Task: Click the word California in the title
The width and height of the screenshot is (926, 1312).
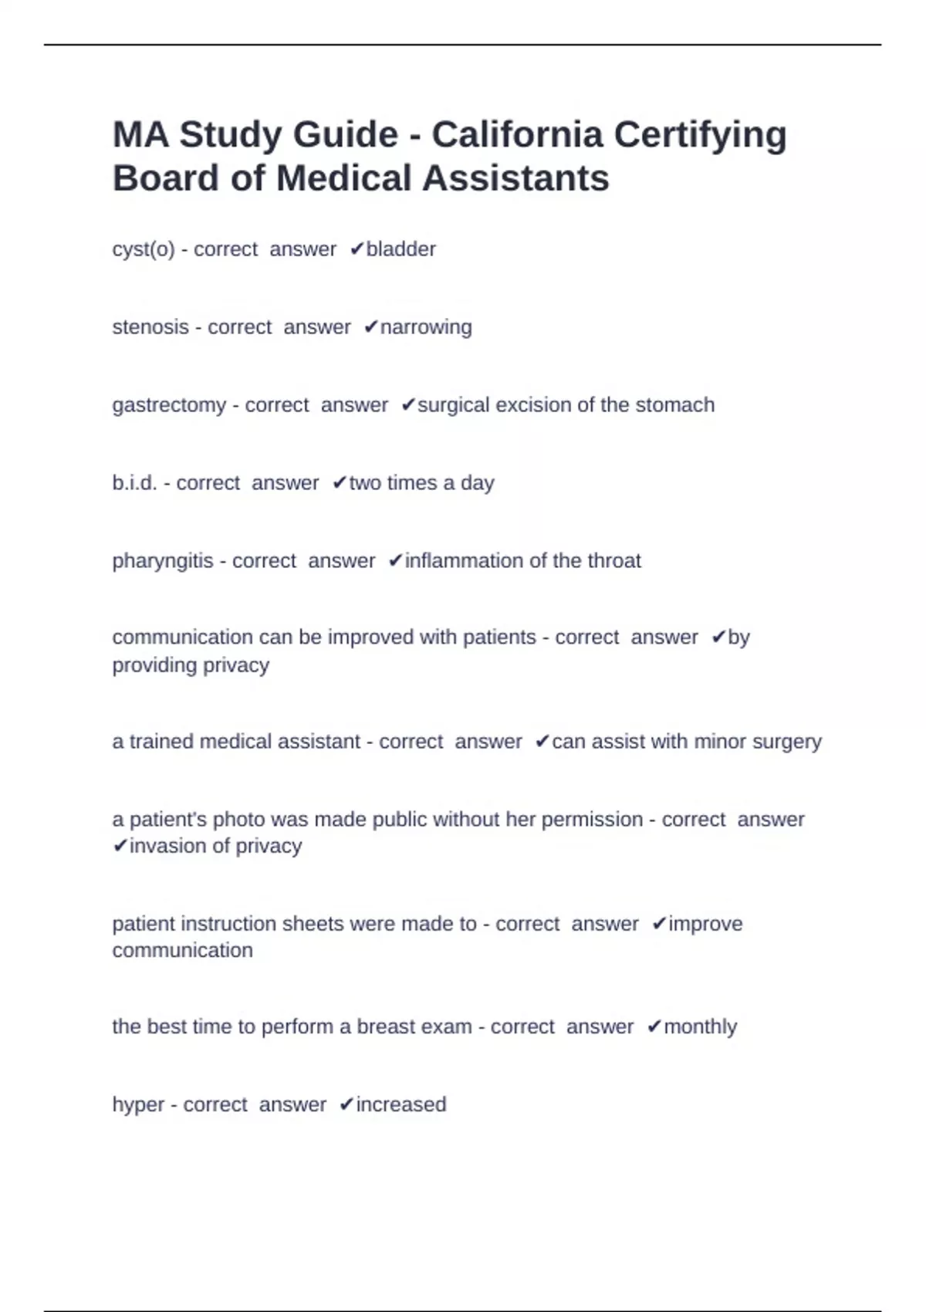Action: tap(516, 134)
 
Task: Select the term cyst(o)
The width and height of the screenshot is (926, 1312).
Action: tap(144, 249)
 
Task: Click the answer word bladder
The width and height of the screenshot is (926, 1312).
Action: tap(400, 249)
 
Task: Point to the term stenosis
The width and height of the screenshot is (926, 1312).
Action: tap(150, 327)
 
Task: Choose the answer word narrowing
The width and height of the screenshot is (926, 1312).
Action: tap(426, 327)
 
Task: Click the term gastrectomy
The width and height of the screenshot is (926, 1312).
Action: tap(169, 405)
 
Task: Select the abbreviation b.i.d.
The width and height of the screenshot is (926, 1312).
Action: tap(135, 483)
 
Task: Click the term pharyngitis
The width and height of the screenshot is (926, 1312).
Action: tap(163, 560)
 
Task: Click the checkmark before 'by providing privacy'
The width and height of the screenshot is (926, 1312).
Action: tap(718, 637)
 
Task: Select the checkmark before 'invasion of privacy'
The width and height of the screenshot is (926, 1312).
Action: tap(120, 847)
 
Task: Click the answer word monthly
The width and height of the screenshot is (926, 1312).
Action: tap(700, 1027)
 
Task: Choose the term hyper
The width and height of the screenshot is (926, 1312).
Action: tap(138, 1105)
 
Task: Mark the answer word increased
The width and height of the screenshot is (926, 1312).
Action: tap(400, 1105)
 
